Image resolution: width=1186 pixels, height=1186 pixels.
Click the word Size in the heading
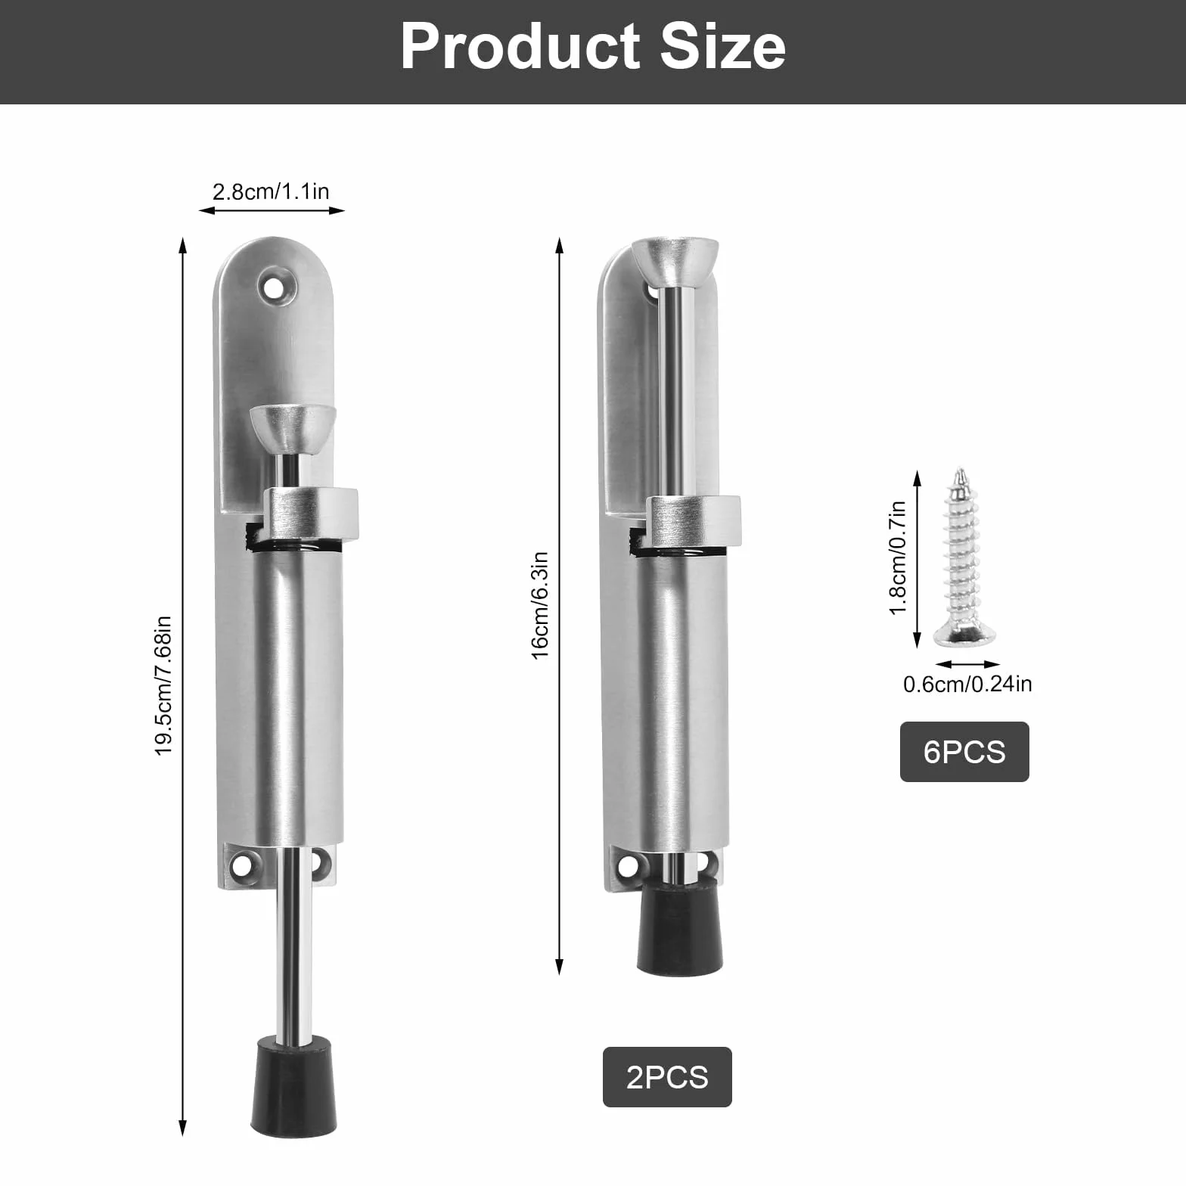pyautogui.click(x=723, y=46)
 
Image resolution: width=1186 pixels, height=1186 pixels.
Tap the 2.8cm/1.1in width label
pyautogui.click(x=271, y=191)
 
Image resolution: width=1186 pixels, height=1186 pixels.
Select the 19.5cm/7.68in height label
pyautogui.click(x=164, y=685)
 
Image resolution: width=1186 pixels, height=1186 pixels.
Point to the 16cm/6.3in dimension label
pyautogui.click(x=539, y=605)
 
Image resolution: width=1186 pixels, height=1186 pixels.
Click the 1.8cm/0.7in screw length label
pyautogui.click(x=898, y=557)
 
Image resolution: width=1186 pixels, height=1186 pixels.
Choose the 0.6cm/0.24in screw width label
pyautogui.click(x=967, y=684)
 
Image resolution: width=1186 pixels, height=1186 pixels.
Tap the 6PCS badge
pyautogui.click(x=964, y=752)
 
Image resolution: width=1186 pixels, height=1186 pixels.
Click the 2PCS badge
pyautogui.click(x=667, y=1077)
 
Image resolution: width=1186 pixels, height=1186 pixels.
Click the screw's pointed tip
pyautogui.click(x=961, y=470)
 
